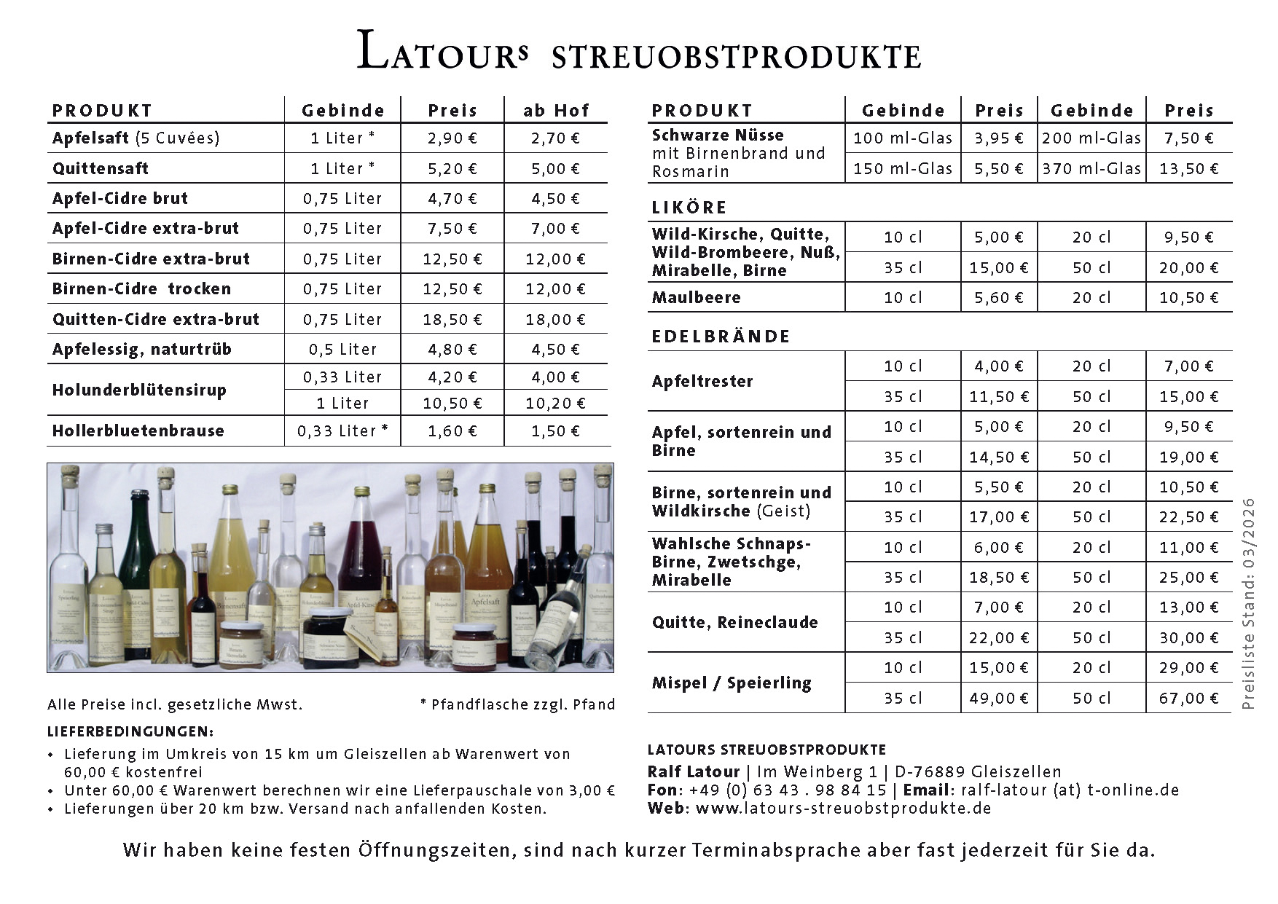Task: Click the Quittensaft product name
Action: [x=101, y=168]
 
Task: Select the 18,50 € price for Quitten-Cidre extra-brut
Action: [x=452, y=319]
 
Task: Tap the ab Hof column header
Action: [x=555, y=111]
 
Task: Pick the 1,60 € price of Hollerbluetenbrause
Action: [x=452, y=431]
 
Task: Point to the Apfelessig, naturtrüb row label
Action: [x=142, y=349]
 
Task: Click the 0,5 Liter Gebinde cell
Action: [x=342, y=349]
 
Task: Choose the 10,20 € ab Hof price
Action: [x=555, y=404]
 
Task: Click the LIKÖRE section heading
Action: [x=689, y=208]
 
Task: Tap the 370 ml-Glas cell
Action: [x=1091, y=168]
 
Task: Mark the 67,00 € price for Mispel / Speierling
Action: [x=1188, y=698]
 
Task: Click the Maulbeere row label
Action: [x=696, y=297]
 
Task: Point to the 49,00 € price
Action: [x=999, y=698]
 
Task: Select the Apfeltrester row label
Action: [x=702, y=381]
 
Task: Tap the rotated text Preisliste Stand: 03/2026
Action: [x=1250, y=603]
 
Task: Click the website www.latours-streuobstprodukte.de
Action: [x=843, y=808]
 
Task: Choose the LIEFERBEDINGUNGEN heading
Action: [x=130, y=731]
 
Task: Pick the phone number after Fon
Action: [x=787, y=790]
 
